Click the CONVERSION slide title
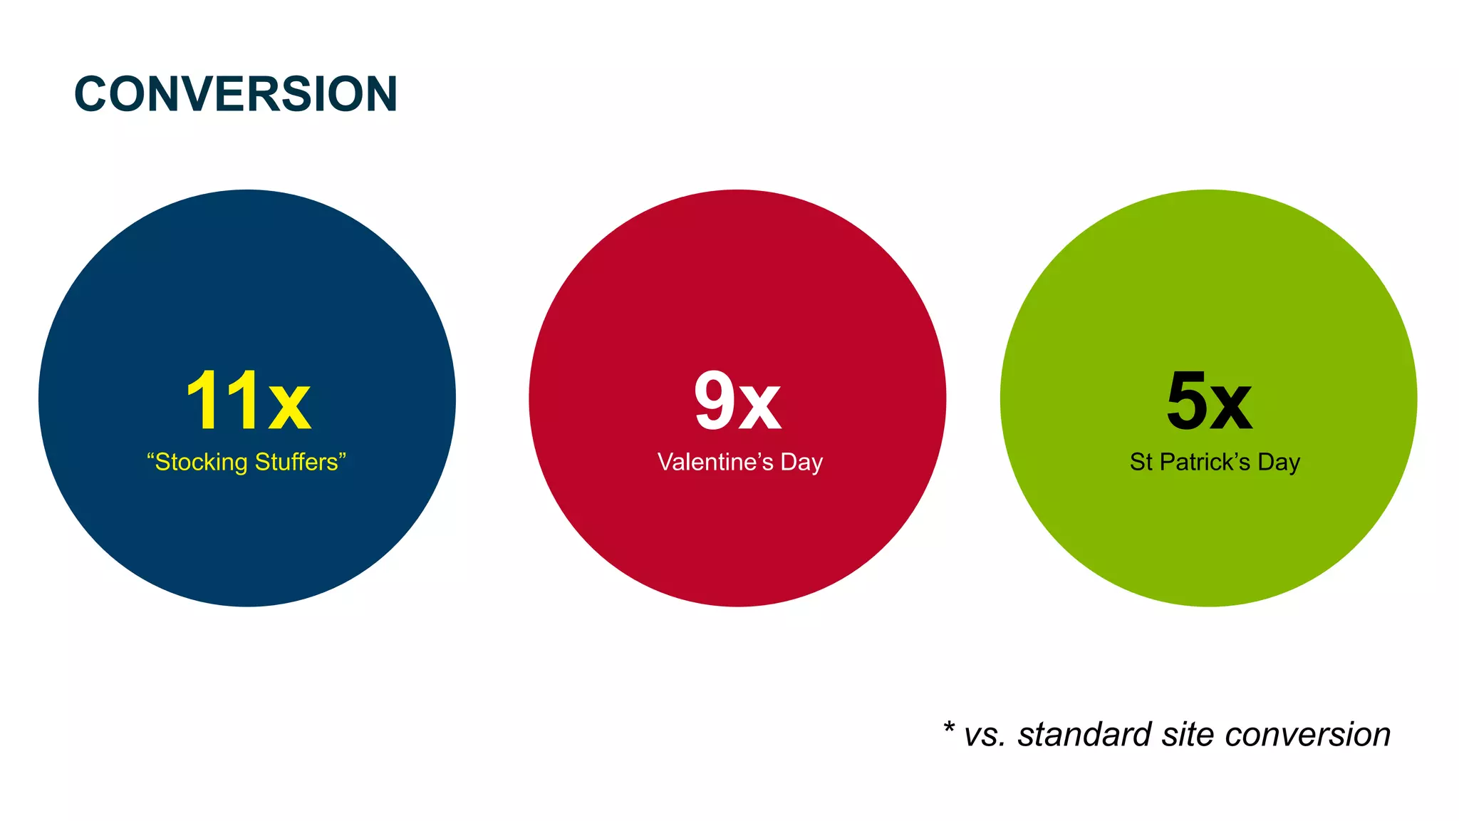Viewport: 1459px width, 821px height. coord(236,94)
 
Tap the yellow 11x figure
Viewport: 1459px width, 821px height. coord(248,401)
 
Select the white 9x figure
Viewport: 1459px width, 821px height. coord(737,401)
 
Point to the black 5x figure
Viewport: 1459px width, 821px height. coord(1209,401)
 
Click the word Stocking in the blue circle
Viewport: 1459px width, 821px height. coord(200,463)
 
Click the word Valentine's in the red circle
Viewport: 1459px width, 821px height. coord(715,462)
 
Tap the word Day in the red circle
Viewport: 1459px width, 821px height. coord(801,463)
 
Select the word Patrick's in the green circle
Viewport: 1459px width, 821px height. coord(1205,462)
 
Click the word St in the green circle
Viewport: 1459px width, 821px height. coord(1141,462)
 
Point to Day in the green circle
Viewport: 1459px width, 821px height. coord(1279,463)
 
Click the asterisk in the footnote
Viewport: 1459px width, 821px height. coord(949,728)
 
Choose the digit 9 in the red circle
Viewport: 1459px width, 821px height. coord(715,401)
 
